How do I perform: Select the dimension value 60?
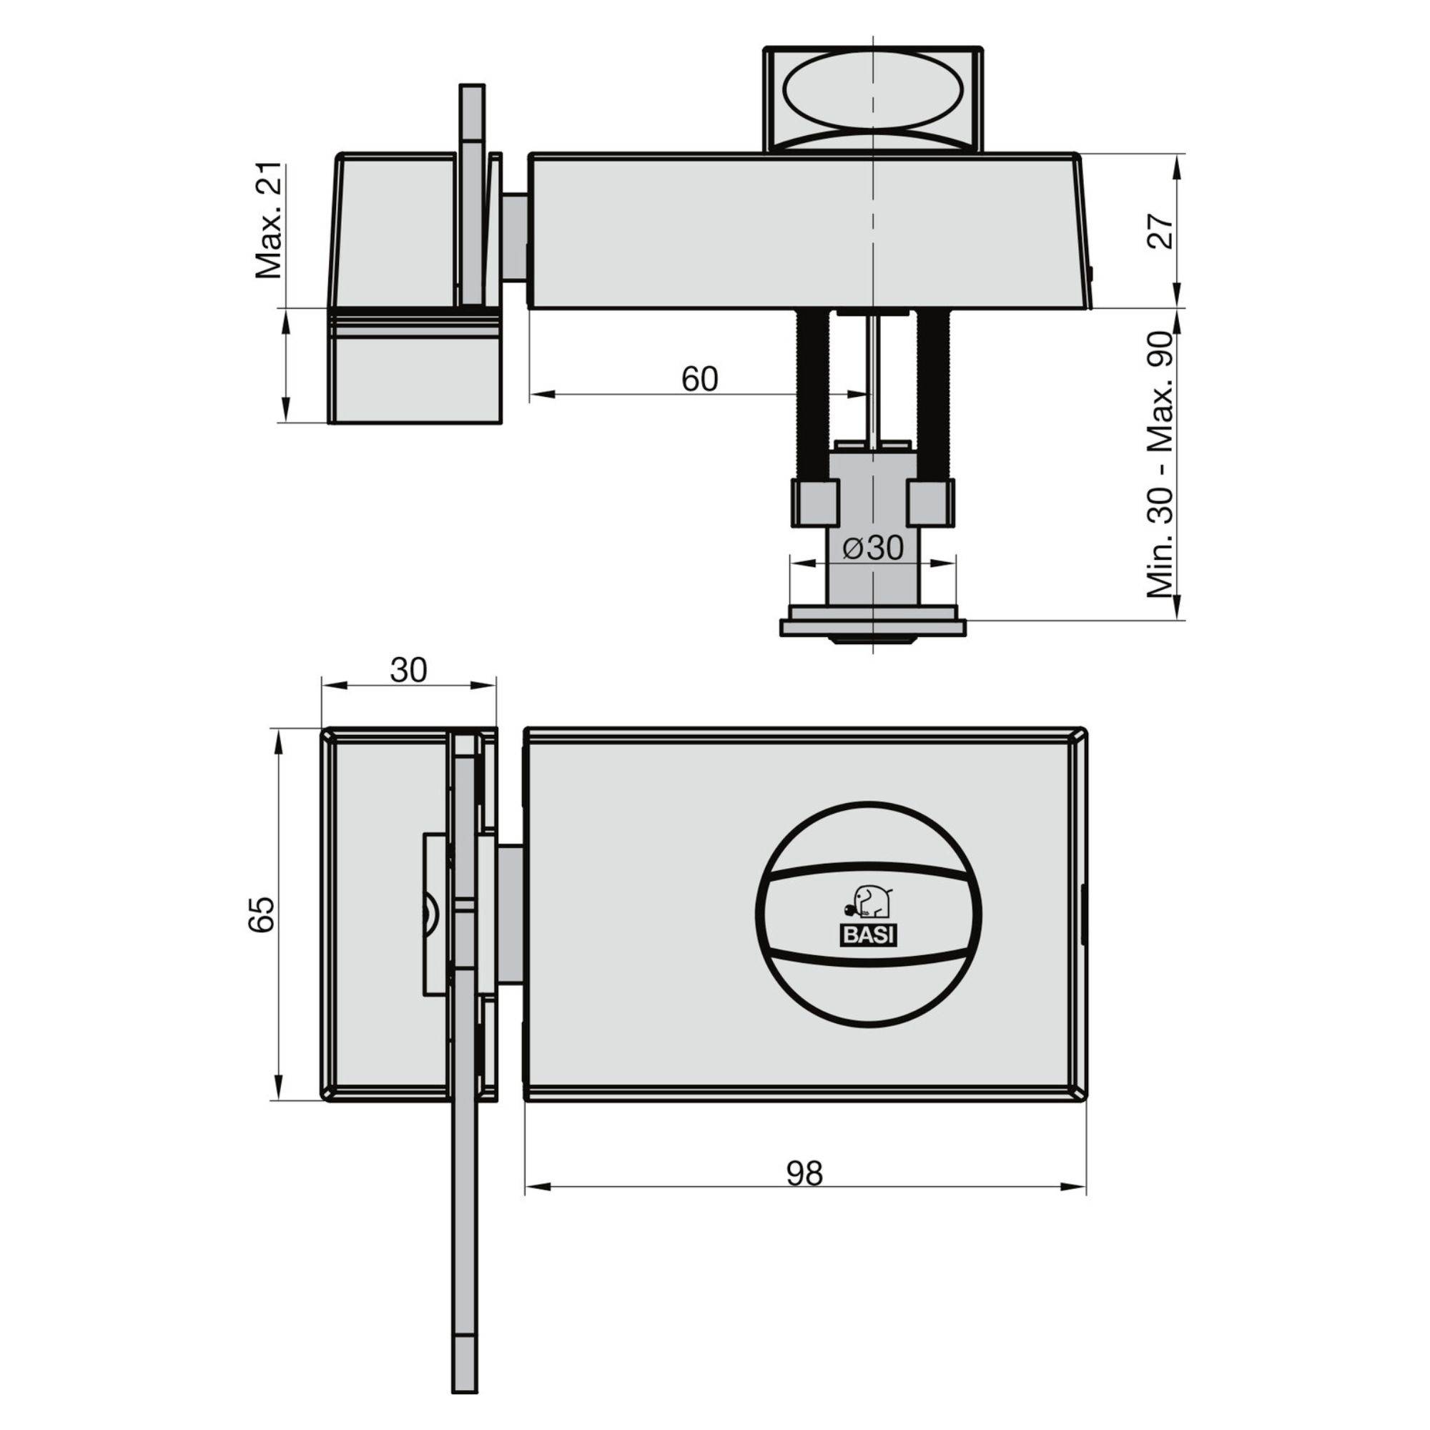tap(699, 379)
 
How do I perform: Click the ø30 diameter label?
tap(874, 548)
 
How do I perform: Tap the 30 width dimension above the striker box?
tap(408, 670)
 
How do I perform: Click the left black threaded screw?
tap(812, 393)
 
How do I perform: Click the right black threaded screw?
tap(933, 393)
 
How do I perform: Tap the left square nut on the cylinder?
tap(816, 503)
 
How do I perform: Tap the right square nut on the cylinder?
tap(931, 503)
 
